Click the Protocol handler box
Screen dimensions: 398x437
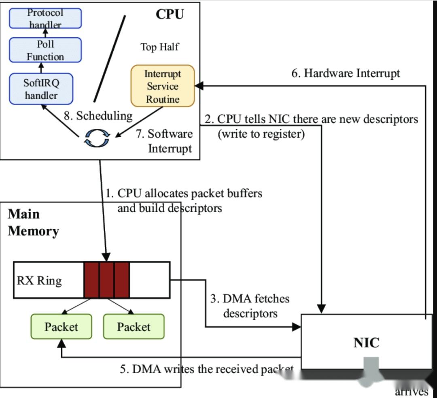pos(45,18)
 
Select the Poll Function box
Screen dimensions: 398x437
pos(45,50)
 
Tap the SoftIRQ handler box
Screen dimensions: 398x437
pos(41,89)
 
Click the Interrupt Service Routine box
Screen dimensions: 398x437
pos(163,86)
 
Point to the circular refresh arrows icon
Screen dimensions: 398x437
pos(96,138)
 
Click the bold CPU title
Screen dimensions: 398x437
pos(170,14)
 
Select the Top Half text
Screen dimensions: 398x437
pos(159,47)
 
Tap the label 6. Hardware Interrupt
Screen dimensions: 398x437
pos(346,73)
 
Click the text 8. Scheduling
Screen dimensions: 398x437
pos(98,116)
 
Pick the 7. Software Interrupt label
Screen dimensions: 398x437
pos(164,141)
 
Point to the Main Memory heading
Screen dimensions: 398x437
pos(33,222)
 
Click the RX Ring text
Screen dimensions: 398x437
pos(39,280)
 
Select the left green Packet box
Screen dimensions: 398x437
pos(61,327)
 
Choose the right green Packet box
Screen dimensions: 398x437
pos(134,327)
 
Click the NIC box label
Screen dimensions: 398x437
pos(367,343)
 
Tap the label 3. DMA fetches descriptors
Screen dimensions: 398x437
pos(250,306)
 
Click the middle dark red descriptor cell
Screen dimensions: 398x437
pos(107,280)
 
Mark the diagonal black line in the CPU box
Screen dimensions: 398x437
pos(109,59)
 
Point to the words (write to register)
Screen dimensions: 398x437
pos(261,134)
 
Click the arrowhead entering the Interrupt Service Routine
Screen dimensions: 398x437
pos(198,86)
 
